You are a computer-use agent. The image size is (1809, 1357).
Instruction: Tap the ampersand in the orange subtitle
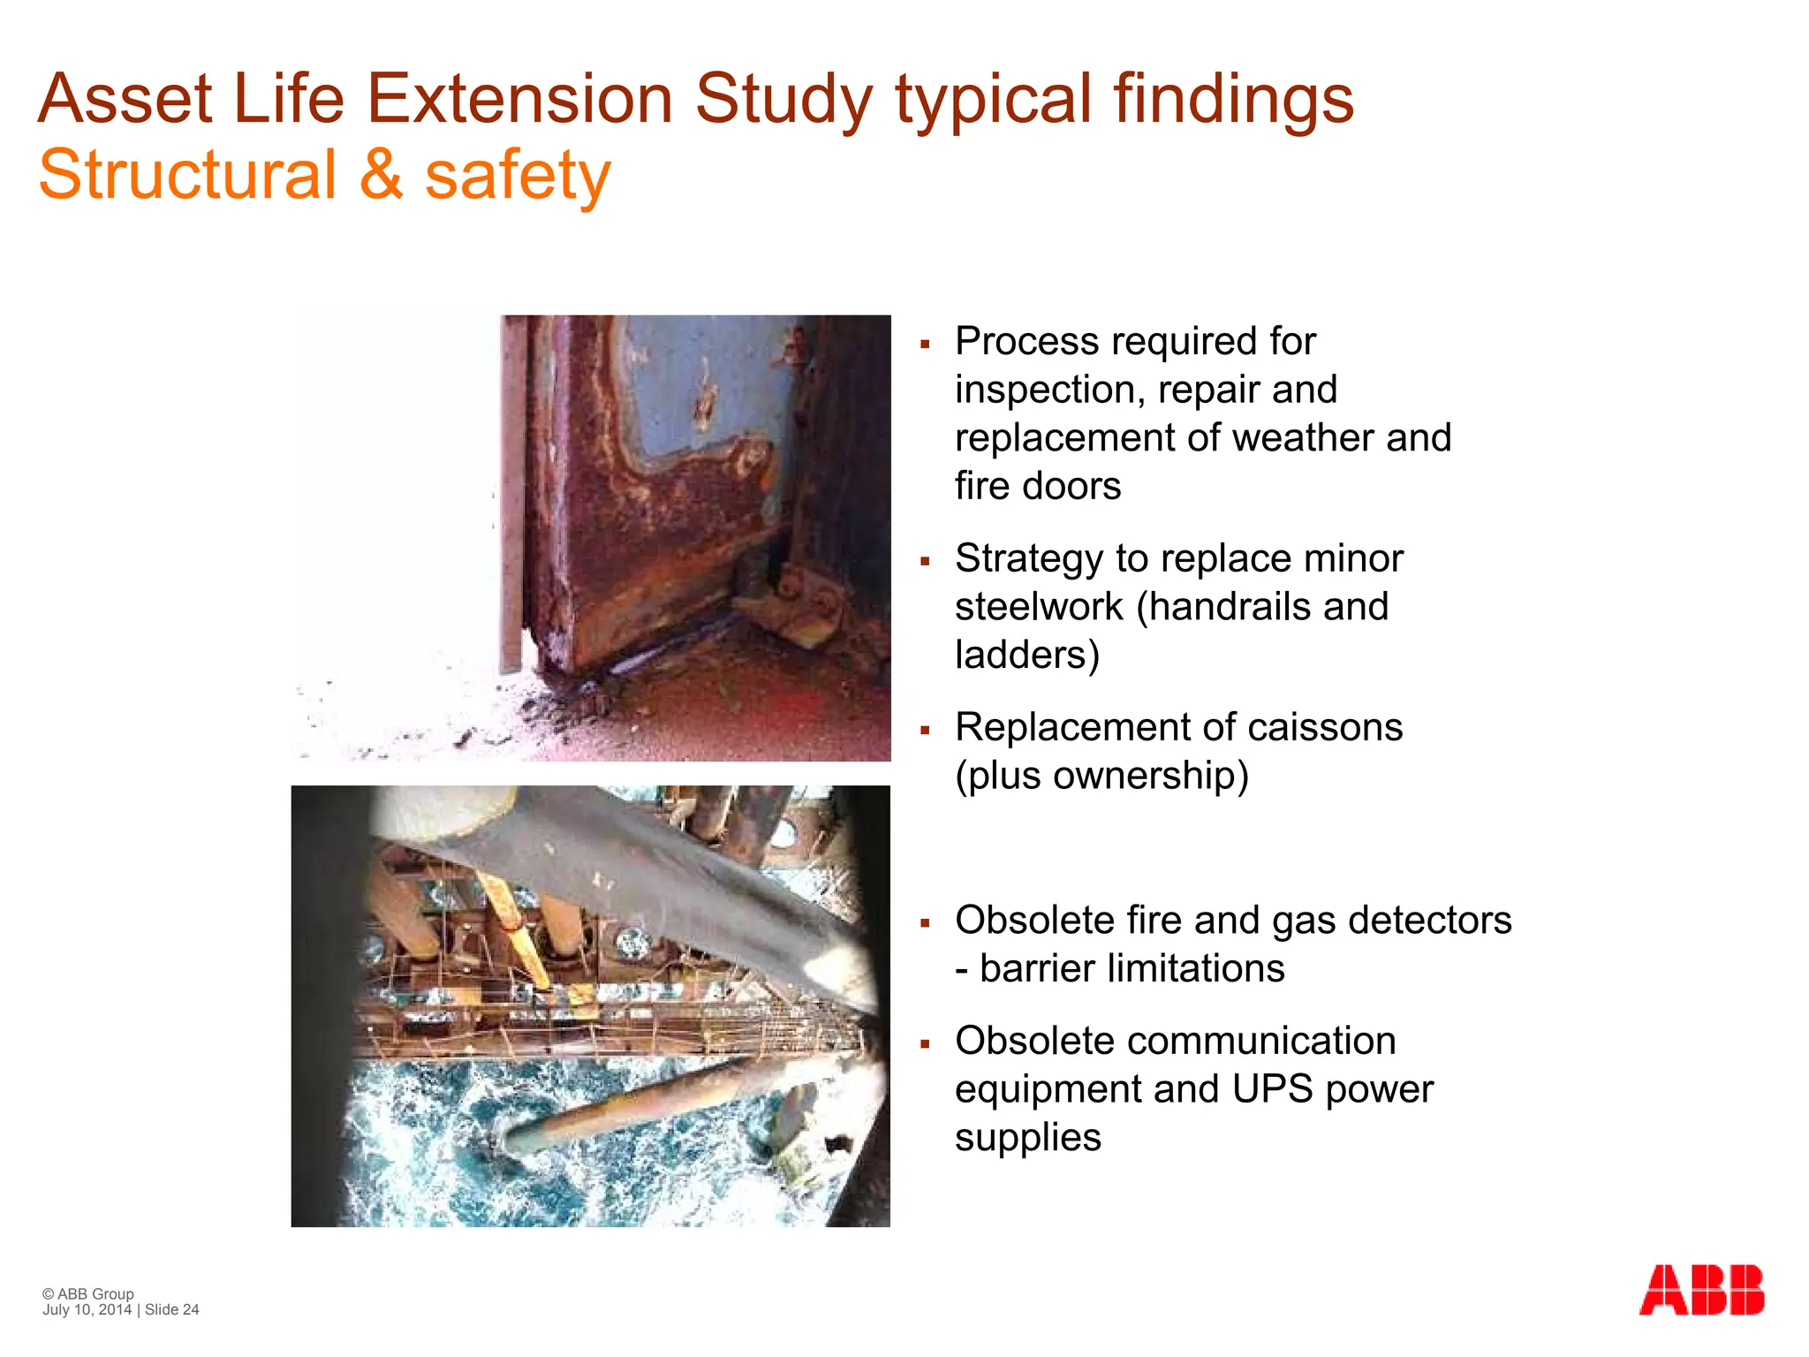(381, 175)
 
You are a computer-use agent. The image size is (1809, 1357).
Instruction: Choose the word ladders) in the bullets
(1027, 656)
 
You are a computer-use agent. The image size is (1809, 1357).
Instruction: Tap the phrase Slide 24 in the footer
(172, 1310)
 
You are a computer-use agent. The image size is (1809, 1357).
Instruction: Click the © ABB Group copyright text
(88, 1294)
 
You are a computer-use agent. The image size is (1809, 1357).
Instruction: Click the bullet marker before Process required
(925, 345)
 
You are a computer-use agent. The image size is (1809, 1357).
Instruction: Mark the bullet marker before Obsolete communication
(925, 1044)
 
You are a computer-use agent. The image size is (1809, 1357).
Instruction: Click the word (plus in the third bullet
(999, 777)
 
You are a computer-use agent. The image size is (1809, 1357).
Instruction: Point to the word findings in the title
(1233, 99)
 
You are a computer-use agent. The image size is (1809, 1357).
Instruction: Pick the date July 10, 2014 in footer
(87, 1310)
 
